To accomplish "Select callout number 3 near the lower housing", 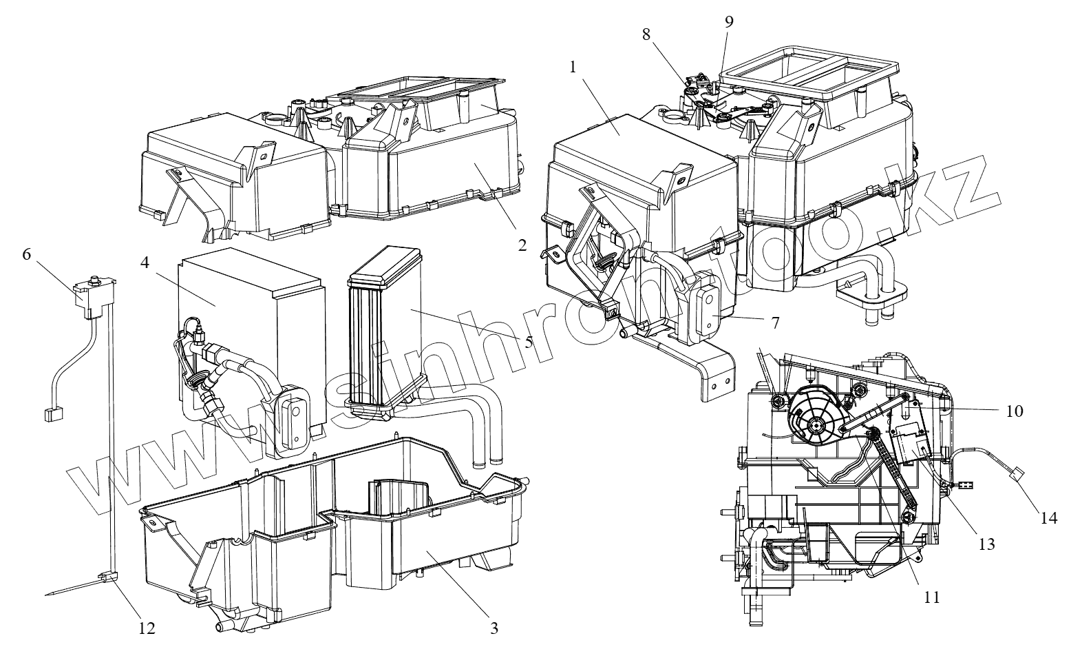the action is pos(494,628).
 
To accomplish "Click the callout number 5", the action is pos(529,342).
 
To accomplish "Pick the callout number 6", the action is pos(26,254).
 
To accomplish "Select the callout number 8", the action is pos(646,35).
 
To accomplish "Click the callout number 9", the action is pos(729,21).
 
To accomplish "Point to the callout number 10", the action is pos(1015,411).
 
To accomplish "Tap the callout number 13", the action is pos(986,544).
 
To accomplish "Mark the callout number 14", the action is pos(1048,517).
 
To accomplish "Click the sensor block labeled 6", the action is pos(90,298).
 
